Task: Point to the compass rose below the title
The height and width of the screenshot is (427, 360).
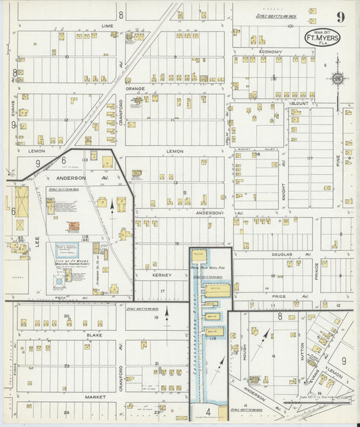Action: pyautogui.click(x=337, y=78)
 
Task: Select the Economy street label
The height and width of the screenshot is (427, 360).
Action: pyautogui.click(x=274, y=51)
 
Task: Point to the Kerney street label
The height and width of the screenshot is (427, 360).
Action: pyautogui.click(x=162, y=276)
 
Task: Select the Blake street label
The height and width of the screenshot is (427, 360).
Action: pyautogui.click(x=94, y=334)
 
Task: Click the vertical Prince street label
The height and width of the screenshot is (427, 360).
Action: pyautogui.click(x=316, y=272)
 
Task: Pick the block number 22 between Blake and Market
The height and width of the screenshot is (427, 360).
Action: pyautogui.click(x=67, y=366)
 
